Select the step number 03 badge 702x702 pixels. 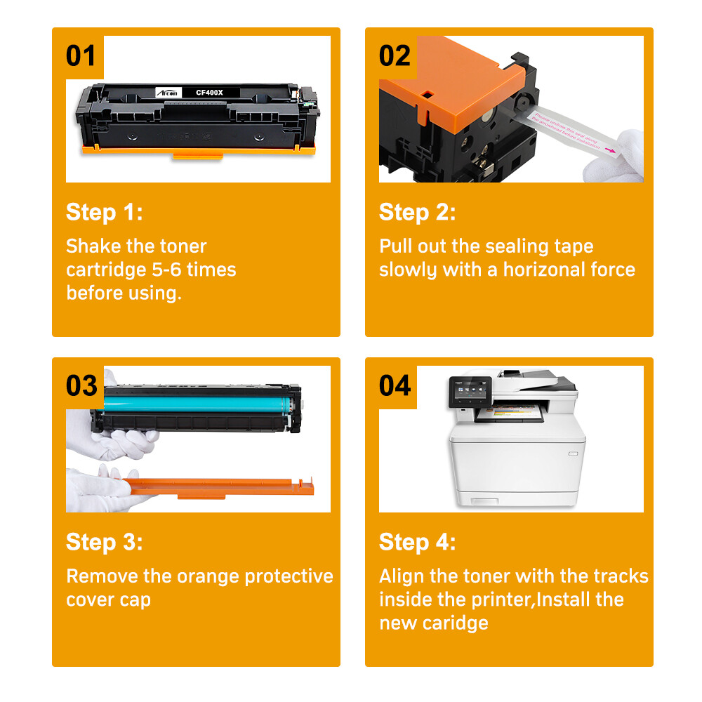click(x=81, y=385)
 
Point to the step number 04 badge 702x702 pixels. click(x=395, y=385)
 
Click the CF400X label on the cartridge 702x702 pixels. click(x=208, y=92)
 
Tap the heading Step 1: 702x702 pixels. click(x=104, y=212)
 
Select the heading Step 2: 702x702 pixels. click(x=417, y=212)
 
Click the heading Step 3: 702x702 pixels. click(x=104, y=542)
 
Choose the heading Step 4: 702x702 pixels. click(x=417, y=542)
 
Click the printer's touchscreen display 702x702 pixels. click(x=461, y=394)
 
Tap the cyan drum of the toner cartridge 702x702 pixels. click(x=190, y=405)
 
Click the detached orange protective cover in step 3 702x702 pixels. click(x=218, y=485)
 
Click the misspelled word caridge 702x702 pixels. click(x=455, y=623)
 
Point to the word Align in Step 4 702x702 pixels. click(x=402, y=576)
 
